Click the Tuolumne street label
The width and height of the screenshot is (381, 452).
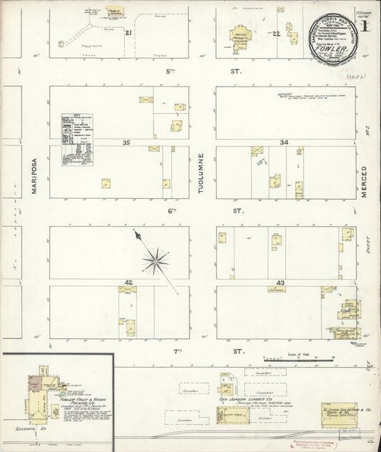click(x=202, y=172)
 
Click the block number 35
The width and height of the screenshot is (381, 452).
click(x=127, y=142)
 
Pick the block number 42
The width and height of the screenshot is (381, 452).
click(x=129, y=283)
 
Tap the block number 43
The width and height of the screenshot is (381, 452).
click(x=280, y=283)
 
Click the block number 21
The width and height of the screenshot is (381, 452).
click(x=129, y=33)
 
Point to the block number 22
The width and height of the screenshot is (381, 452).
click(x=276, y=33)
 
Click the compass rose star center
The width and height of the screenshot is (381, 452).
click(x=154, y=261)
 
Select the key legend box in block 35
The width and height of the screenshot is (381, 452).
click(x=77, y=139)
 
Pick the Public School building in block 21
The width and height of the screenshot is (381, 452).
click(x=114, y=12)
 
